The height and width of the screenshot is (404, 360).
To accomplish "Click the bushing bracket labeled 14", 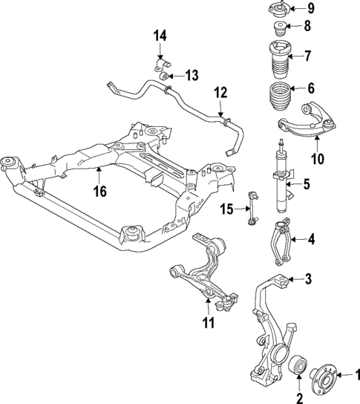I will coord(160,59).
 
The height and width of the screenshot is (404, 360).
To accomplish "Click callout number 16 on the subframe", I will coord(100,192).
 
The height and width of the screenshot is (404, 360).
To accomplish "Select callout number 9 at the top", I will coord(311,9).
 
